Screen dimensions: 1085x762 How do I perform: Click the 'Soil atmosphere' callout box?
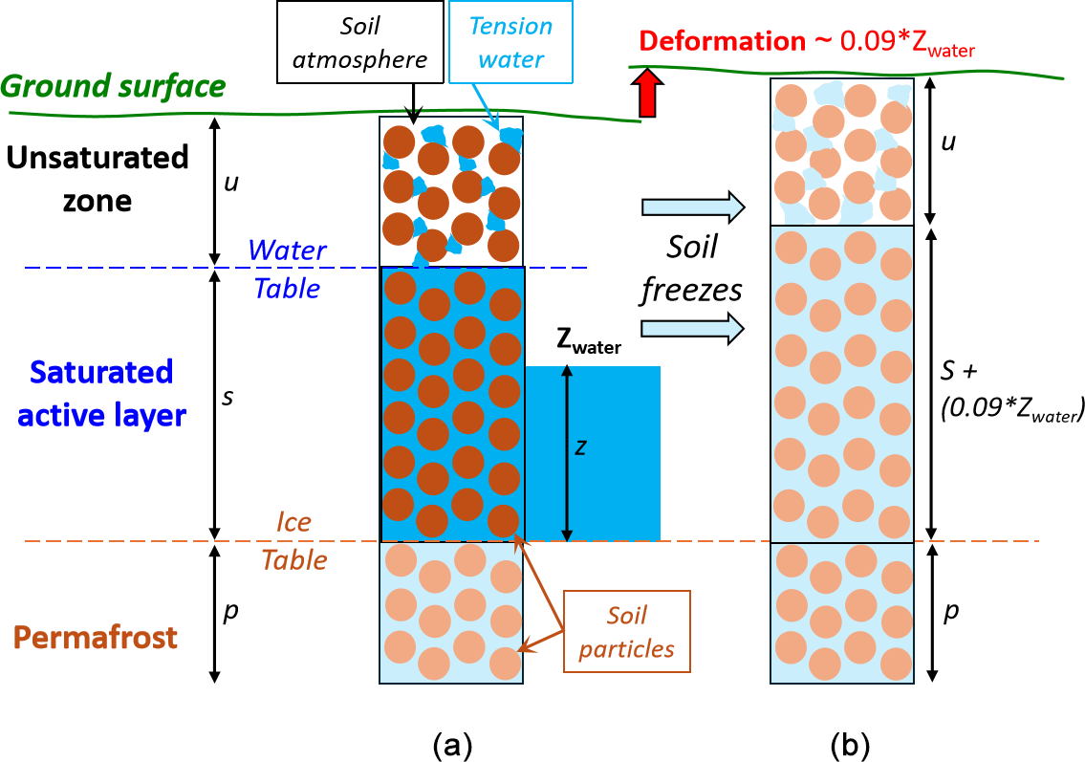tap(359, 42)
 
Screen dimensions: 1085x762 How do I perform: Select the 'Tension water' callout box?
tap(510, 42)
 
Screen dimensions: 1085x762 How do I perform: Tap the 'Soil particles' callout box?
tap(627, 631)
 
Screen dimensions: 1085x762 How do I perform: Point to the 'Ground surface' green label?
tap(113, 86)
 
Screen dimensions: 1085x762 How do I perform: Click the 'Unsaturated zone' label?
tap(98, 179)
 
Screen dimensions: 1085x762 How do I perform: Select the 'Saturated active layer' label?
tap(101, 394)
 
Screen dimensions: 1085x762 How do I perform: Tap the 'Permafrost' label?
tap(96, 638)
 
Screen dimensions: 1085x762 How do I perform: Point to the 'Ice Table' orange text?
tap(294, 540)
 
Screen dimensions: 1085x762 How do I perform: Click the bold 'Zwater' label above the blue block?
tap(589, 340)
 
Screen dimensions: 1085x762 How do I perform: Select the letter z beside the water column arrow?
tap(581, 447)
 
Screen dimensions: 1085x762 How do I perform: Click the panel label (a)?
tap(452, 746)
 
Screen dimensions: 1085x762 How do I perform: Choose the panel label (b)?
tap(850, 746)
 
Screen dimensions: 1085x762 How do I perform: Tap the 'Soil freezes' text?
tap(691, 269)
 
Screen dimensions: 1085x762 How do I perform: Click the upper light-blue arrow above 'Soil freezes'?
tap(693, 207)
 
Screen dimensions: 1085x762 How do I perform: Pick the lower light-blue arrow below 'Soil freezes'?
tap(693, 328)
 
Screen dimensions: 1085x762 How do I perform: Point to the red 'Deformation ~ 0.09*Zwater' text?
tap(807, 43)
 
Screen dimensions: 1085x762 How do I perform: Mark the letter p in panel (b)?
tap(951, 612)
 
